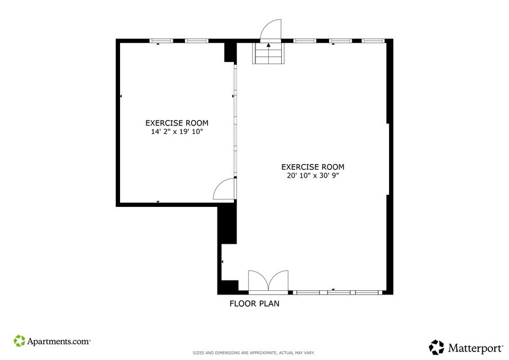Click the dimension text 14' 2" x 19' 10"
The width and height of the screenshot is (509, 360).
pyautogui.click(x=176, y=131)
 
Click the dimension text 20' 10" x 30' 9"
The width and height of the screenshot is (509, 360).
pyautogui.click(x=312, y=176)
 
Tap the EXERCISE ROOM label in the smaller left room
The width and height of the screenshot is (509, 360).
pyautogui.click(x=176, y=122)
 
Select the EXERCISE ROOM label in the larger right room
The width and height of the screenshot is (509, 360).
pyautogui.click(x=312, y=167)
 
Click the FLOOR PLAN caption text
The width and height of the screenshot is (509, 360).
pyautogui.click(x=254, y=303)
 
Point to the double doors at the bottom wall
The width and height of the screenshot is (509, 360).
pyautogui.click(x=268, y=282)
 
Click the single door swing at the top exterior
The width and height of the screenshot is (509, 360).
pyautogui.click(x=270, y=29)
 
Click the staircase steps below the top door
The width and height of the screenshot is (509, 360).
pyautogui.click(x=268, y=54)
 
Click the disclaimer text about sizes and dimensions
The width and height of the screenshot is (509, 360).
pyautogui.click(x=254, y=353)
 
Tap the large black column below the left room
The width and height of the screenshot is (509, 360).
pyautogui.click(x=227, y=224)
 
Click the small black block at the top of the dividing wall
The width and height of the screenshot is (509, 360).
pyautogui.click(x=230, y=52)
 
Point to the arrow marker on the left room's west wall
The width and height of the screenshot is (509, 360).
pyautogui.click(x=121, y=96)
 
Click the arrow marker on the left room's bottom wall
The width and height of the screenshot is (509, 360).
pyautogui.click(x=158, y=201)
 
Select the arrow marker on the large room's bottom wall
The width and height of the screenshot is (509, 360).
pyautogui.click(x=333, y=289)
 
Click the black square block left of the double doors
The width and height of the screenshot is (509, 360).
pyautogui.click(x=229, y=287)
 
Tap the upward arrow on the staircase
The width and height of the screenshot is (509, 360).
pyautogui.click(x=268, y=45)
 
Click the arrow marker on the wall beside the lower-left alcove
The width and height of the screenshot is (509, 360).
pyautogui.click(x=222, y=261)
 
